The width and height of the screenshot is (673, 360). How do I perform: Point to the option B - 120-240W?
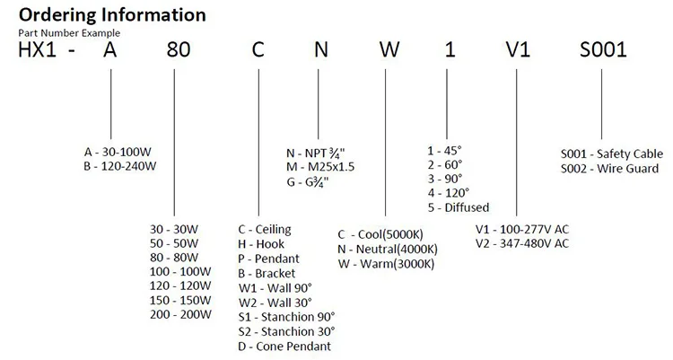point(120,166)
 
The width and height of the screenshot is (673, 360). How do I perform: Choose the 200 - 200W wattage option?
point(180,315)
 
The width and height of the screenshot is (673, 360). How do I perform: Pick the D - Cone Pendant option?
point(285,346)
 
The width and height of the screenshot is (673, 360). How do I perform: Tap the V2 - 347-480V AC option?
point(521,243)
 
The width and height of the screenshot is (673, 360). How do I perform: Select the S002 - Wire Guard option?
point(609,168)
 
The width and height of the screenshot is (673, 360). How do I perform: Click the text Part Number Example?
point(67,33)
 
